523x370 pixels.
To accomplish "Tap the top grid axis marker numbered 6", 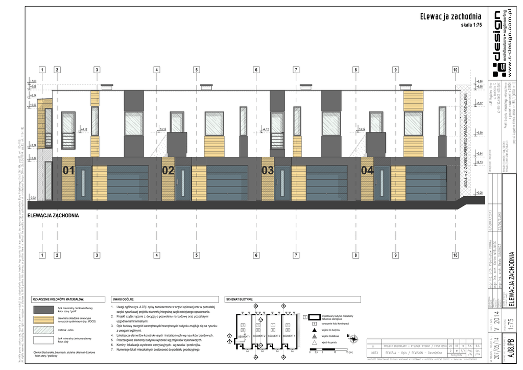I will point(256,70).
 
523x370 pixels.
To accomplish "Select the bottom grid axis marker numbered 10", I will point(455,255).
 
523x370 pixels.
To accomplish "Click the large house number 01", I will point(68,171).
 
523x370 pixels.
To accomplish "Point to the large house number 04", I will point(367,171).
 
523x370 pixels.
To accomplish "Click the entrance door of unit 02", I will point(182,182).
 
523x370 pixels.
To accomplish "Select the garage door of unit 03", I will point(327,182).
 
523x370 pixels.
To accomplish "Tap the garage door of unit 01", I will point(128,182).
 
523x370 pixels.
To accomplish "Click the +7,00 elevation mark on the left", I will point(34,81).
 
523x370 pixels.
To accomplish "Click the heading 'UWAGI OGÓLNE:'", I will point(123,299).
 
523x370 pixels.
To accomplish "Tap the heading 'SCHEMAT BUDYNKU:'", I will point(240,299).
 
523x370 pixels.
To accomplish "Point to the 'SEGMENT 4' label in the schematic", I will point(290,336).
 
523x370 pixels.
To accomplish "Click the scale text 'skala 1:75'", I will point(471,25).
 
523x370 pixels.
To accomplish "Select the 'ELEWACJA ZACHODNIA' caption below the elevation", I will point(53,216).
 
